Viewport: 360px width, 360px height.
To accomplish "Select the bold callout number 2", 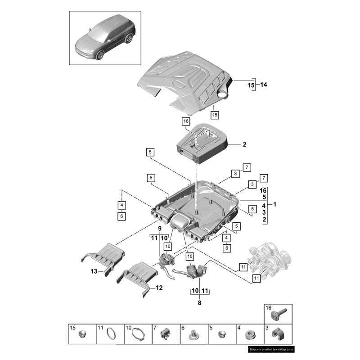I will tap(244, 145).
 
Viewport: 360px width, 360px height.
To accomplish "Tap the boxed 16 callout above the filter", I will tap(186, 121).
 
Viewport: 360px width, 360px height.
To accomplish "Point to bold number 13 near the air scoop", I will tap(94, 271).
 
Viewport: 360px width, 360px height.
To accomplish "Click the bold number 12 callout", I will tap(159, 287).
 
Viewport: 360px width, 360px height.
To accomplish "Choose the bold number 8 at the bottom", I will tap(200, 303).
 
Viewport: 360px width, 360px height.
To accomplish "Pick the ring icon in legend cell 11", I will tap(111, 334).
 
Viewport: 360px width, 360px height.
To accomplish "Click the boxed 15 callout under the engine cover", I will tap(215, 115).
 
